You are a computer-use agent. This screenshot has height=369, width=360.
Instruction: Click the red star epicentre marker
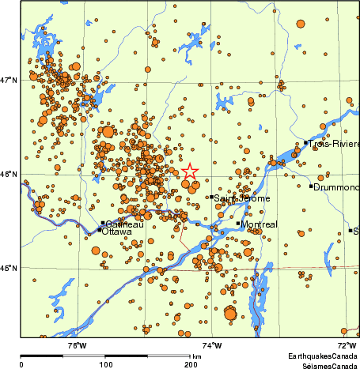pyautogui.click(x=190, y=171)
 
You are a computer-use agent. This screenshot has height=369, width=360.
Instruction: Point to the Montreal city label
pyautogui.click(x=260, y=224)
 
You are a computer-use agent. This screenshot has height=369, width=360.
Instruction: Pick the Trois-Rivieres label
pyautogui.click(x=335, y=145)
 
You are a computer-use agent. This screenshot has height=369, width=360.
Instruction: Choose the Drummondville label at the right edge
pyautogui.click(x=336, y=187)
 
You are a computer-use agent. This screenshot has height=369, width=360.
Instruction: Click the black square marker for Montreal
pyautogui.click(x=238, y=224)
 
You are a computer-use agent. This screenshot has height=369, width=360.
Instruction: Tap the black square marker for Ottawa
pyautogui.click(x=99, y=230)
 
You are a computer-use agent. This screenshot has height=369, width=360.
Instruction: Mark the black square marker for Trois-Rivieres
pyautogui.click(x=306, y=143)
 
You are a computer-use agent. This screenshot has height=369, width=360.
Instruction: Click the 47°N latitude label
pyautogui.click(x=9, y=80)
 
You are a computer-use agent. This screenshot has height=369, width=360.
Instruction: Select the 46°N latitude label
pyautogui.click(x=9, y=175)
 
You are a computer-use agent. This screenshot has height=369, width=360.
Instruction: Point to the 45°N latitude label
pyautogui.click(x=9, y=269)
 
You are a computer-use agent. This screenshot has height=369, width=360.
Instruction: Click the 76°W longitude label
pyautogui.click(x=76, y=345)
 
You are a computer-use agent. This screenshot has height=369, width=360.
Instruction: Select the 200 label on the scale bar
pyautogui.click(x=191, y=364)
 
